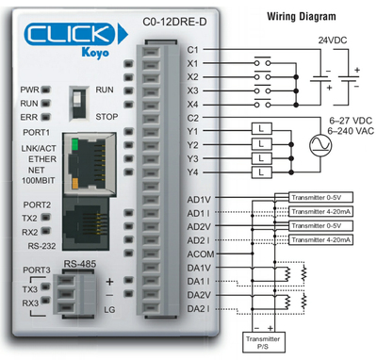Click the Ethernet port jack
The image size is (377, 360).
94,156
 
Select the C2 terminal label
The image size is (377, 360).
193,118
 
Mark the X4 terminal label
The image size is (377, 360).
193,104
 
